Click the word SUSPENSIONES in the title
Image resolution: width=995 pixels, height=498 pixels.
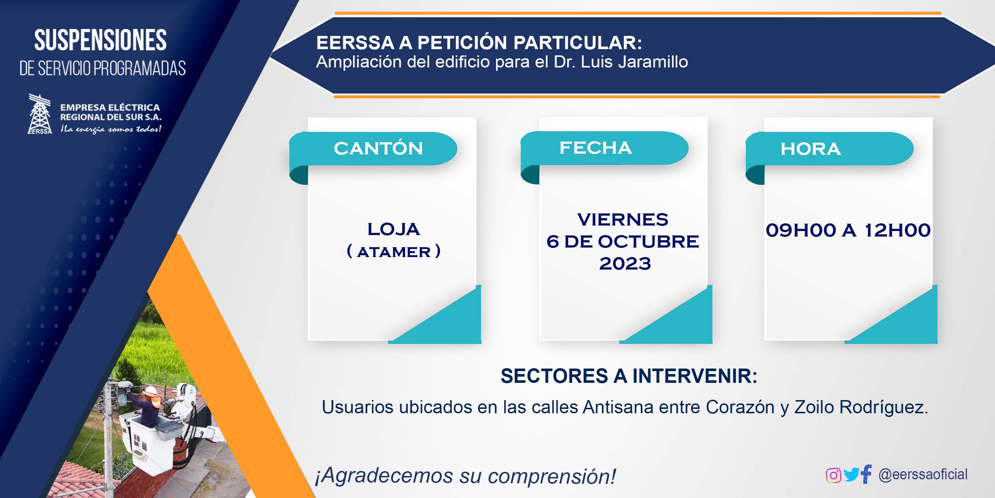(100, 40)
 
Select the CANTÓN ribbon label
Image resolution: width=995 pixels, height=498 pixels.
(378, 149)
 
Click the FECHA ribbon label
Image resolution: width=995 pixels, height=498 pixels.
(596, 147)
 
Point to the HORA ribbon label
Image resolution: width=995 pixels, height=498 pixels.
(810, 149)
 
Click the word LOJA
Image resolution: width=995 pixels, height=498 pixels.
(393, 229)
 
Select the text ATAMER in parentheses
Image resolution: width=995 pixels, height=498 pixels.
(394, 252)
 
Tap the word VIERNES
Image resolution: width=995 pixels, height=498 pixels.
(623, 219)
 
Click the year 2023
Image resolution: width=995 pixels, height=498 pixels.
(625, 264)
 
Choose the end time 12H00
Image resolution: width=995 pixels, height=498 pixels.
(897, 230)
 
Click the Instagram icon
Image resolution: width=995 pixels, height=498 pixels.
(833, 475)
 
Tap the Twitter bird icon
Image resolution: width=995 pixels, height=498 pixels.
(851, 475)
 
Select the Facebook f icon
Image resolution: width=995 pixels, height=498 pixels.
(866, 474)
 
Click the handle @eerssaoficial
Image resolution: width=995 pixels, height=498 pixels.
(923, 475)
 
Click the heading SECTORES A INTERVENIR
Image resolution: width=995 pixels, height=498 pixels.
(629, 376)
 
